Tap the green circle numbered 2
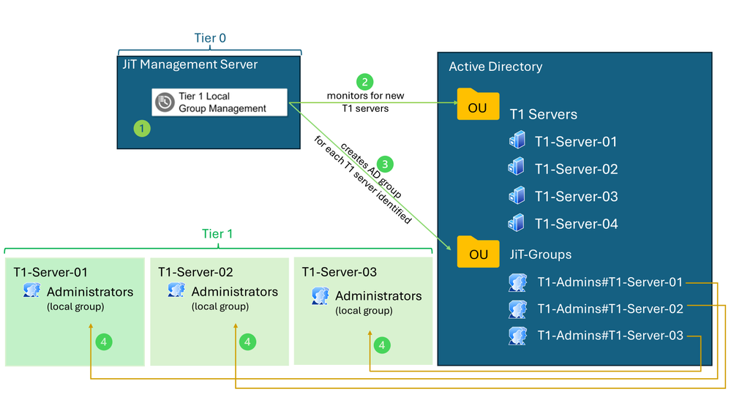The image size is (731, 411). tap(364, 82)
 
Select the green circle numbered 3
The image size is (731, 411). tap(386, 163)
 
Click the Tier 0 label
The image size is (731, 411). tap(209, 38)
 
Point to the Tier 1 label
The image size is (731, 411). tap(217, 234)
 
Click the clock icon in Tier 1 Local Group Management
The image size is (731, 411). tap(165, 102)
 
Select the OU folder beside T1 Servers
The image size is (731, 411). tap(478, 105)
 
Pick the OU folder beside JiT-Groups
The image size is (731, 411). tap(478, 252)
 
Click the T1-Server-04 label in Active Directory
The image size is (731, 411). tap(576, 224)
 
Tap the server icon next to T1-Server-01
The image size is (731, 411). tap(517, 140)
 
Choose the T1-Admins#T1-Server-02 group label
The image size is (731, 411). tap(610, 309)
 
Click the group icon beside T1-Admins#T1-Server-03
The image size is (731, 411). tap(517, 336)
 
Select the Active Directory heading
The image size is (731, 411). tap(495, 67)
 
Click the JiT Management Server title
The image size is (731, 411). tap(190, 64)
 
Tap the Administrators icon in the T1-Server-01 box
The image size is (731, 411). tap(31, 290)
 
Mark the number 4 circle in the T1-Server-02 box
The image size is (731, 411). tap(249, 341)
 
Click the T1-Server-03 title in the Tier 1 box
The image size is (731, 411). tap(339, 272)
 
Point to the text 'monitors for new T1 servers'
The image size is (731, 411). tap(365, 102)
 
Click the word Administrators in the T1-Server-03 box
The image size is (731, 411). tap(378, 296)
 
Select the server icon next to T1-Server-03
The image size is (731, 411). tap(517, 195)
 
